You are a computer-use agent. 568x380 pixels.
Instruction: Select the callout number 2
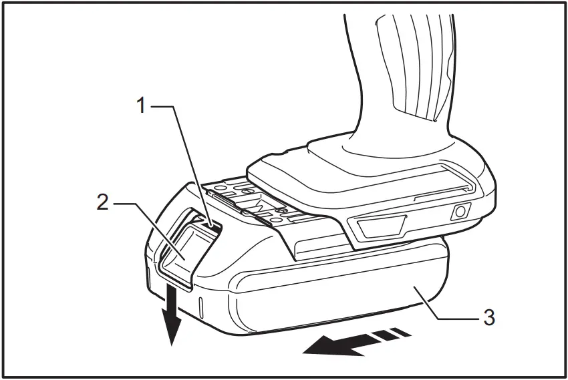point(102,202)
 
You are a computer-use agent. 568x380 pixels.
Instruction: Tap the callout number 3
point(489,317)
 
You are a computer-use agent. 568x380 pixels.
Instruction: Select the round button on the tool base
point(459,212)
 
